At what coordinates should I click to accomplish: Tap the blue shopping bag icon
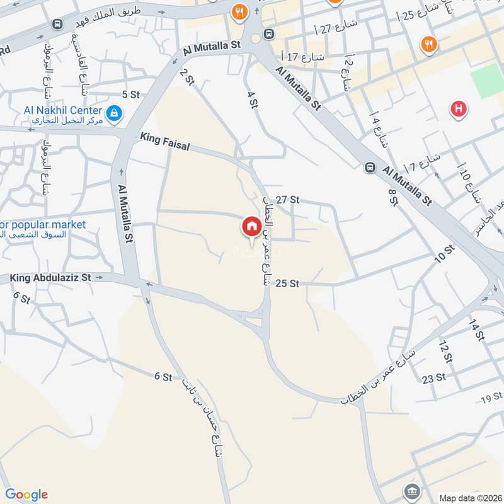click(114, 113)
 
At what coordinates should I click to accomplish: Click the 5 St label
click(130, 94)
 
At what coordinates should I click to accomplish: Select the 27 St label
click(287, 200)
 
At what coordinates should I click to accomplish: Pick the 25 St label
click(287, 284)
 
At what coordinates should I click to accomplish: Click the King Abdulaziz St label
click(51, 277)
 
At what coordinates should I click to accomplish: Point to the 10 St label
click(444, 254)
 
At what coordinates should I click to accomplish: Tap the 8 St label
click(394, 197)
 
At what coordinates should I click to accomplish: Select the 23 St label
click(434, 378)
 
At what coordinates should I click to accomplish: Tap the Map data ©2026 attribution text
click(468, 498)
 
